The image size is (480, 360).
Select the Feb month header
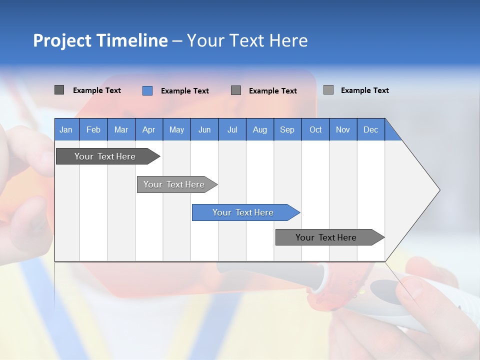point(93,129)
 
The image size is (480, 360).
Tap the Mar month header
point(121,129)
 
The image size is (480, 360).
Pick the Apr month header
point(149,129)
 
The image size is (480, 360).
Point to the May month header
point(176,129)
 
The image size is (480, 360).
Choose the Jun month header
point(204,129)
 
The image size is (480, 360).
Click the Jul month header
point(232,129)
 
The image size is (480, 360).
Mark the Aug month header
point(260,129)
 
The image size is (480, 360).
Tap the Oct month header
point(315,129)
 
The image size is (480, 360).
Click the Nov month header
point(343,129)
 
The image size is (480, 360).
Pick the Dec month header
point(371,129)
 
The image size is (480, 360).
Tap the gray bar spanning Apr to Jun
point(177,184)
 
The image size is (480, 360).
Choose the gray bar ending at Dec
point(330,237)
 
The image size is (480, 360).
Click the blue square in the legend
point(147,90)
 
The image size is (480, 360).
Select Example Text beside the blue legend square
point(185,91)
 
